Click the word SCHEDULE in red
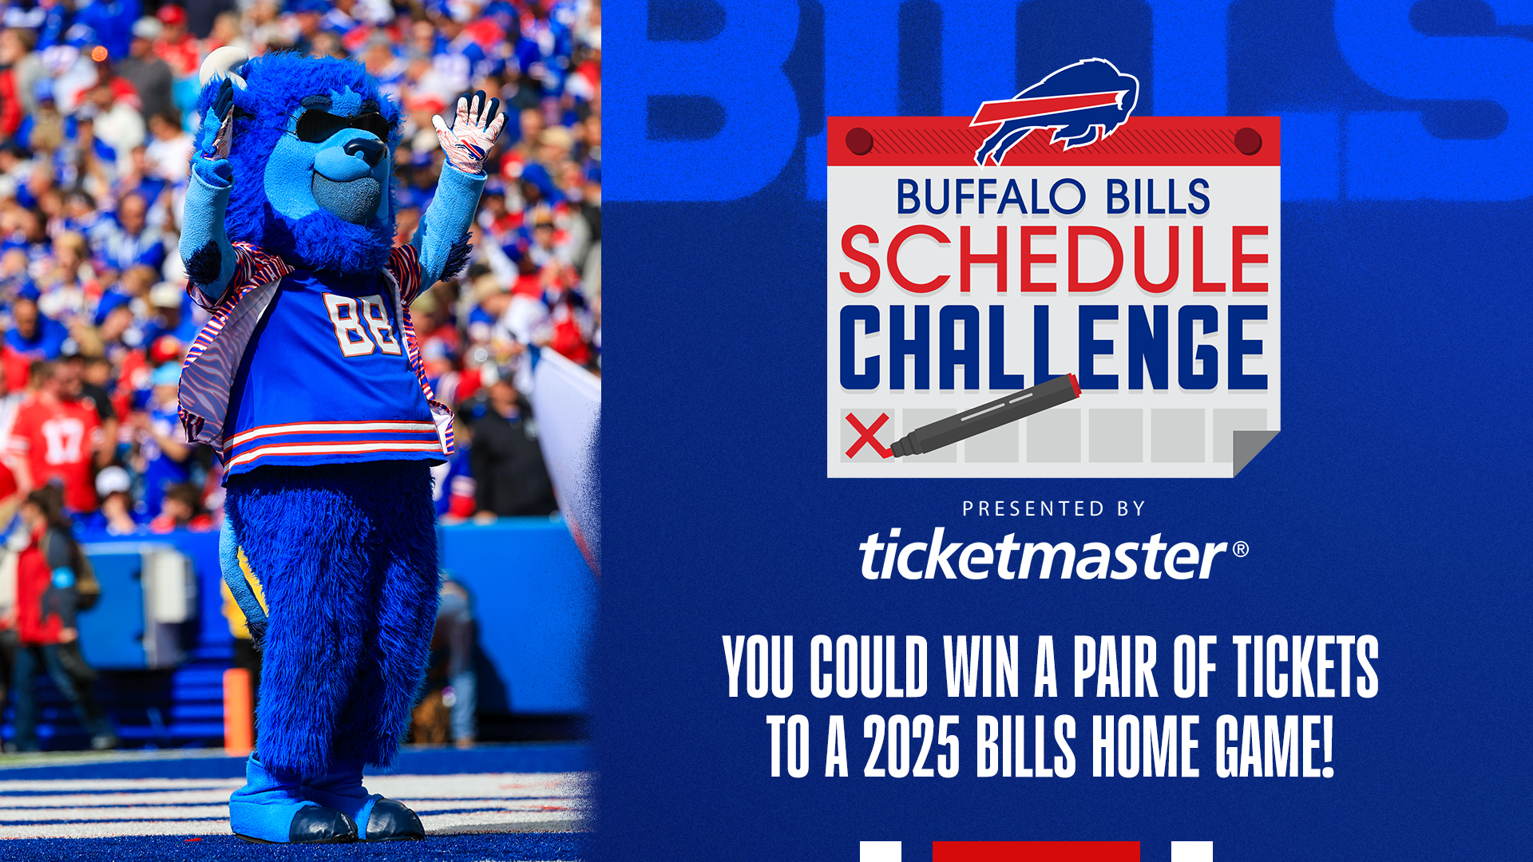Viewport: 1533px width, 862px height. pos(1054,259)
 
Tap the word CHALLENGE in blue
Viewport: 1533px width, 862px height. pos(1053,347)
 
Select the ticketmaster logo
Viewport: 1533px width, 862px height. pos(1052,553)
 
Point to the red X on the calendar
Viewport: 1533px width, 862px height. pos(868,435)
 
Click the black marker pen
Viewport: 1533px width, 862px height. pos(985,416)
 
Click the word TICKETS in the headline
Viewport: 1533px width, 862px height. pos(1305,666)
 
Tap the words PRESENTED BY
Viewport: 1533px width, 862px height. pos(1053,508)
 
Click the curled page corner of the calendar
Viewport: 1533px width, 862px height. pos(1255,453)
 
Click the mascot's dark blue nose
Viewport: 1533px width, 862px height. pos(365,149)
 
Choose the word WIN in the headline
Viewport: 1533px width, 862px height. pos(983,666)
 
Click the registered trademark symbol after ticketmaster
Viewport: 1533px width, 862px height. pos(1240,548)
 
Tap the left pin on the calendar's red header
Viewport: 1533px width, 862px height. pos(859,141)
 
